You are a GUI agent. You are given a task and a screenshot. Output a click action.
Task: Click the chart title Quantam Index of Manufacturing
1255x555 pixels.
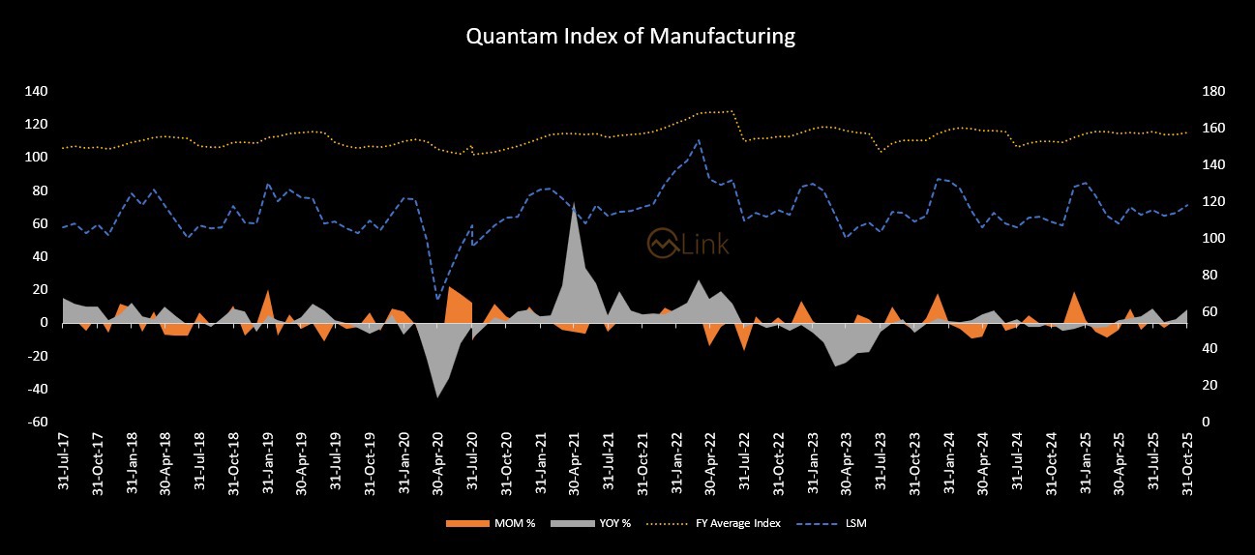pyautogui.click(x=630, y=37)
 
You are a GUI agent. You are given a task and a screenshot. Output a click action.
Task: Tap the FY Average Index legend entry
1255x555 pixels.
pyautogui.click(x=733, y=523)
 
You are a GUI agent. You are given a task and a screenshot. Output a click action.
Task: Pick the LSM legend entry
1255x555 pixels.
pyautogui.click(x=841, y=523)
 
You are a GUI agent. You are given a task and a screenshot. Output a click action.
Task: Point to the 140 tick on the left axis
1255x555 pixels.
pyautogui.click(x=37, y=91)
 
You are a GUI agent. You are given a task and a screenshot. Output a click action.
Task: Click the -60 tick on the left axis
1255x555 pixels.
pyautogui.click(x=37, y=423)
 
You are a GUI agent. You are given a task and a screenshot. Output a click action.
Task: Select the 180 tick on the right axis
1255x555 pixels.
pyautogui.click(x=1212, y=91)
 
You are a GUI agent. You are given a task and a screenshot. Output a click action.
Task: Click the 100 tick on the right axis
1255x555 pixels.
pyautogui.click(x=1212, y=238)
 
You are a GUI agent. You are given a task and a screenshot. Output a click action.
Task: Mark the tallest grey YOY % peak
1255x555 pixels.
pyautogui.click(x=574, y=204)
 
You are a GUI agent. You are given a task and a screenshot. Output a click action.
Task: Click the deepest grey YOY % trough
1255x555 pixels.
pyautogui.click(x=437, y=396)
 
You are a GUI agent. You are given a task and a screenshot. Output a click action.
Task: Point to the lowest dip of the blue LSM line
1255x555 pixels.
pyautogui.click(x=437, y=298)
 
